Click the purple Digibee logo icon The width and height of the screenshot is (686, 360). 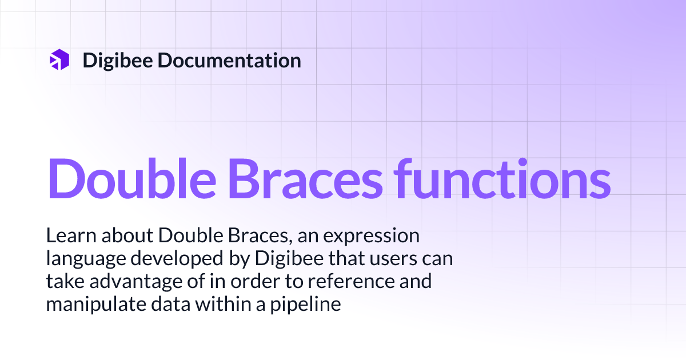[x=59, y=60]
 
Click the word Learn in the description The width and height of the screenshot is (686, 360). [x=67, y=236]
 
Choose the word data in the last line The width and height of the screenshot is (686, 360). [x=171, y=304]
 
